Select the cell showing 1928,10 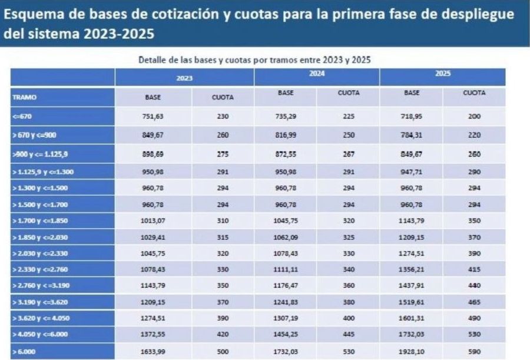pyautogui.click(x=412, y=351)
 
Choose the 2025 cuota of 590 pyautogui.click(x=475, y=351)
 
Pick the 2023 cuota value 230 pyautogui.click(x=223, y=117)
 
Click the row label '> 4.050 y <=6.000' pyautogui.click(x=41, y=334)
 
